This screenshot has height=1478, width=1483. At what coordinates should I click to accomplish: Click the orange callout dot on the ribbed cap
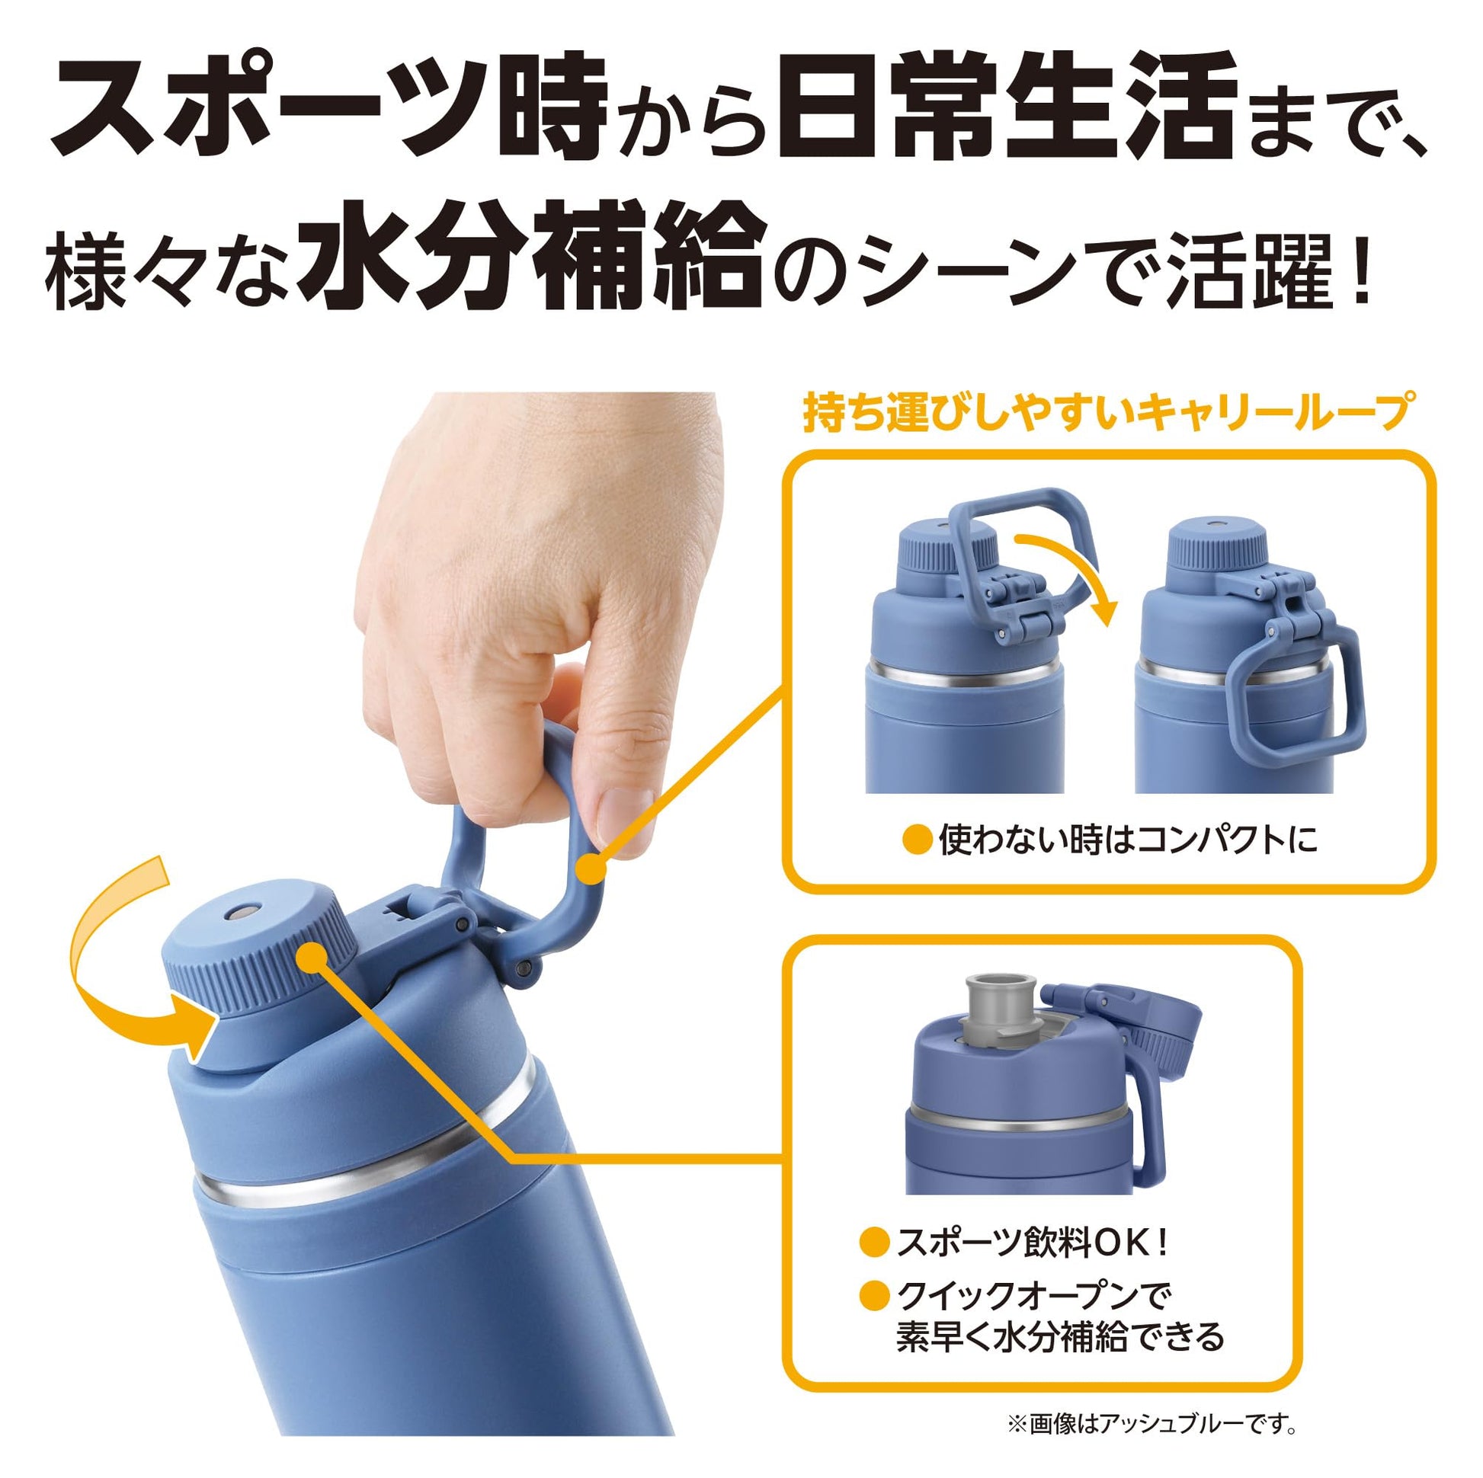tap(311, 958)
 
